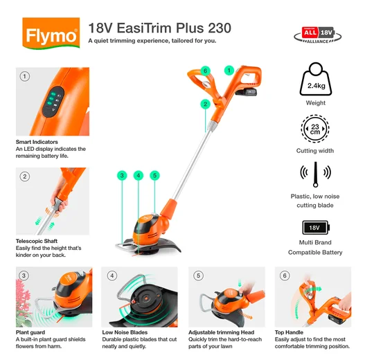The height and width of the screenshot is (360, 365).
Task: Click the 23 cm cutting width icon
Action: click(x=315, y=129)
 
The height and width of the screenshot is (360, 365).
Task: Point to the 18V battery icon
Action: click(x=315, y=227)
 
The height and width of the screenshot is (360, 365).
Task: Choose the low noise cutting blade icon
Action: click(x=315, y=177)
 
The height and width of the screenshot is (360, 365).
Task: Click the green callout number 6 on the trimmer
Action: click(x=205, y=71)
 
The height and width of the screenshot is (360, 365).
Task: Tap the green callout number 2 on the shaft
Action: click(x=205, y=104)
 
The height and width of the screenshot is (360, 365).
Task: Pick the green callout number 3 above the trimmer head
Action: click(x=122, y=176)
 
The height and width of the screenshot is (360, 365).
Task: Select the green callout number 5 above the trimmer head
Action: click(x=154, y=176)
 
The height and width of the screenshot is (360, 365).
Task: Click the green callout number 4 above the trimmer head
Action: click(x=139, y=176)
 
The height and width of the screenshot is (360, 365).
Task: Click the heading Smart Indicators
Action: click(x=37, y=142)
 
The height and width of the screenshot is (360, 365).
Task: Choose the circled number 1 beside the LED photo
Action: click(x=26, y=76)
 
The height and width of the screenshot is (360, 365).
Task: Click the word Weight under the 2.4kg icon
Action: click(x=315, y=103)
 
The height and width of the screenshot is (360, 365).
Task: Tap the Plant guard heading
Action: click(x=31, y=332)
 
